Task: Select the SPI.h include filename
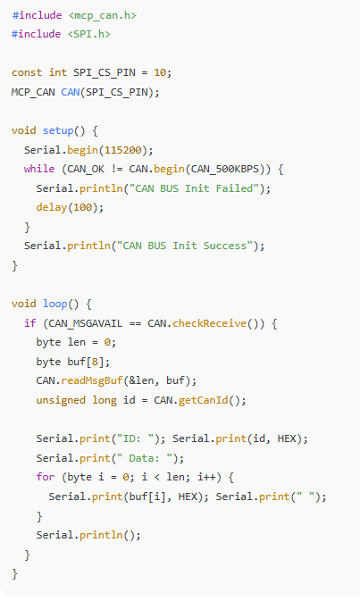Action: [x=89, y=34]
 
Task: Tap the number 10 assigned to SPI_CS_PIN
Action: [x=160, y=72]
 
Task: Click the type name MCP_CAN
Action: [x=33, y=92]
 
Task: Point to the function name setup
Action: [x=58, y=130]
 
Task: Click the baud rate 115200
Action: [x=123, y=150]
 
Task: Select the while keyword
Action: [x=39, y=169]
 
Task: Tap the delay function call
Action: [x=52, y=207]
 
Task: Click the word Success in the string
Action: [x=225, y=246]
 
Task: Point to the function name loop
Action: [x=54, y=304]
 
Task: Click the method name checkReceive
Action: [x=210, y=323]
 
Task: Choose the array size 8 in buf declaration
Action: [x=96, y=362]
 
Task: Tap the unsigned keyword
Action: [x=61, y=400]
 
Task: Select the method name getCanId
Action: [x=203, y=400]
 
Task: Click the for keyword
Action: [x=46, y=477]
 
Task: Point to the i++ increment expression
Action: [x=206, y=477]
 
